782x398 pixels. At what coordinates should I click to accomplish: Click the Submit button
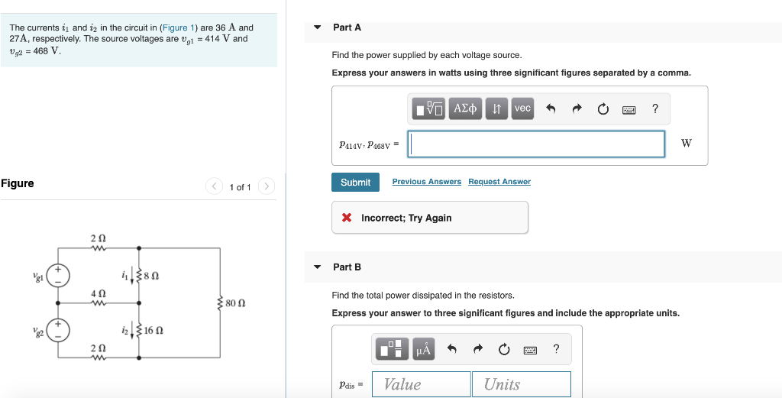click(355, 182)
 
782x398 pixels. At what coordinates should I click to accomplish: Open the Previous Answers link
click(426, 182)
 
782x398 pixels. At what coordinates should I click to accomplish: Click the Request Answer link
click(499, 182)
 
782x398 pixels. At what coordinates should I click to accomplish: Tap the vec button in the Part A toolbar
click(522, 108)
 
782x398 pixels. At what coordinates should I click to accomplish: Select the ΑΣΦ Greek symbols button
click(465, 108)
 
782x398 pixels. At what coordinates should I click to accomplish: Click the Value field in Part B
click(422, 384)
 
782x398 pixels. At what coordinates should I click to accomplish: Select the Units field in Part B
click(521, 384)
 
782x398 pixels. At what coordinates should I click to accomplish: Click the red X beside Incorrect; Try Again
click(347, 218)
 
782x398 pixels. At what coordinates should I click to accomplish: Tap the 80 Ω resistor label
click(235, 303)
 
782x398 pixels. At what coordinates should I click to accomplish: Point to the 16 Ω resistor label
click(153, 331)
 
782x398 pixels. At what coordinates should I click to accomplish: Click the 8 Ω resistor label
click(150, 275)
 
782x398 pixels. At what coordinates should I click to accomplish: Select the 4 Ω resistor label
click(98, 293)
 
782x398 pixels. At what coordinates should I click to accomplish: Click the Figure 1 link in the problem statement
click(178, 28)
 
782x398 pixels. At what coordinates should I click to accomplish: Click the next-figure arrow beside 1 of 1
click(266, 186)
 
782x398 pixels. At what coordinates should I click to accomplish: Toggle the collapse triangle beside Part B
click(318, 267)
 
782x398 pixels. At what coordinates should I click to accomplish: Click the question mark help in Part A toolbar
click(654, 108)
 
